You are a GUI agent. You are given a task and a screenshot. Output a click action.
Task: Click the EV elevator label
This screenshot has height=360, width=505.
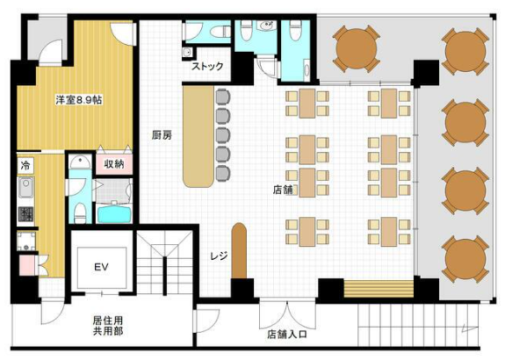tap(101, 267)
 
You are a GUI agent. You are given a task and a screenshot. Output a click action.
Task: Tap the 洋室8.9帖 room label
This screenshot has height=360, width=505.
tap(79, 100)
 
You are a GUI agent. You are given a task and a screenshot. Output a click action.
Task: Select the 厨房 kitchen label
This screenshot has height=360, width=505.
tap(162, 135)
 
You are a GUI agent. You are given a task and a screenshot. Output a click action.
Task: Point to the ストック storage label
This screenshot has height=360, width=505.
tap(207, 67)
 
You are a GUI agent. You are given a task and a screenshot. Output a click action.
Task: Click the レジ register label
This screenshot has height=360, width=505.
tap(219, 256)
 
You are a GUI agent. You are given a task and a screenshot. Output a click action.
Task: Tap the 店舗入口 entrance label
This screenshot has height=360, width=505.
tap(287, 335)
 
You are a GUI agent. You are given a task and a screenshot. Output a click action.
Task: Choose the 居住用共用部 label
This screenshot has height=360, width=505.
tap(108, 326)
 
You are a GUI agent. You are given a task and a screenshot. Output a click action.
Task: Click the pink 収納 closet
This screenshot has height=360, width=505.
tap(114, 164)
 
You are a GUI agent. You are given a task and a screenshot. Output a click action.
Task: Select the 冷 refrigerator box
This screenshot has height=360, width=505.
tap(25, 165)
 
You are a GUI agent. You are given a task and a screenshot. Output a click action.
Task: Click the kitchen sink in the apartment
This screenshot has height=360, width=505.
tap(26, 187)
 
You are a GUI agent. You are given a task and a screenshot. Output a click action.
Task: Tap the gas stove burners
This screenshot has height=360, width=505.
tap(25, 214)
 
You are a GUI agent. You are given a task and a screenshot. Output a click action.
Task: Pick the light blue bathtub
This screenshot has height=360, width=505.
tap(114, 213)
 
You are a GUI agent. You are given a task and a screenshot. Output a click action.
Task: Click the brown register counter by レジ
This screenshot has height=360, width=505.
tap(239, 250)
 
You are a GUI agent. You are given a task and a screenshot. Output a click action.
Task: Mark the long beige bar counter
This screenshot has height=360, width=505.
tap(198, 136)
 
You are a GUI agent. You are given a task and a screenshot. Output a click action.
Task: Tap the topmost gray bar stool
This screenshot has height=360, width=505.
tap(223, 97)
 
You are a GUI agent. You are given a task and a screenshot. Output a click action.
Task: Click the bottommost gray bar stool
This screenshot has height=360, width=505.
tap(223, 173)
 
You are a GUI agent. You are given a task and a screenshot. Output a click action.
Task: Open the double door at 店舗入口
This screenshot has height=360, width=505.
tap(287, 315)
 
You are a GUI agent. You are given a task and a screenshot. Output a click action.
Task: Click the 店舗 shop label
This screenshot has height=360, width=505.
tap(283, 190)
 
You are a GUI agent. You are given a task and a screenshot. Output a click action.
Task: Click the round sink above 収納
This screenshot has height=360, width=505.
tap(80, 162)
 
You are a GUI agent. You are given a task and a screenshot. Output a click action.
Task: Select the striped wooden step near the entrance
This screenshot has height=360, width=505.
tap(379, 289)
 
